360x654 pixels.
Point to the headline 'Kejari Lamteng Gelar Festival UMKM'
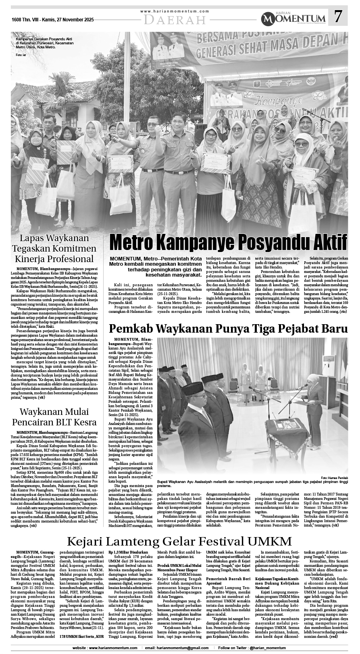click(179, 541)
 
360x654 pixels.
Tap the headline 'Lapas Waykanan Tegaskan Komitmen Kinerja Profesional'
click(54, 248)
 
